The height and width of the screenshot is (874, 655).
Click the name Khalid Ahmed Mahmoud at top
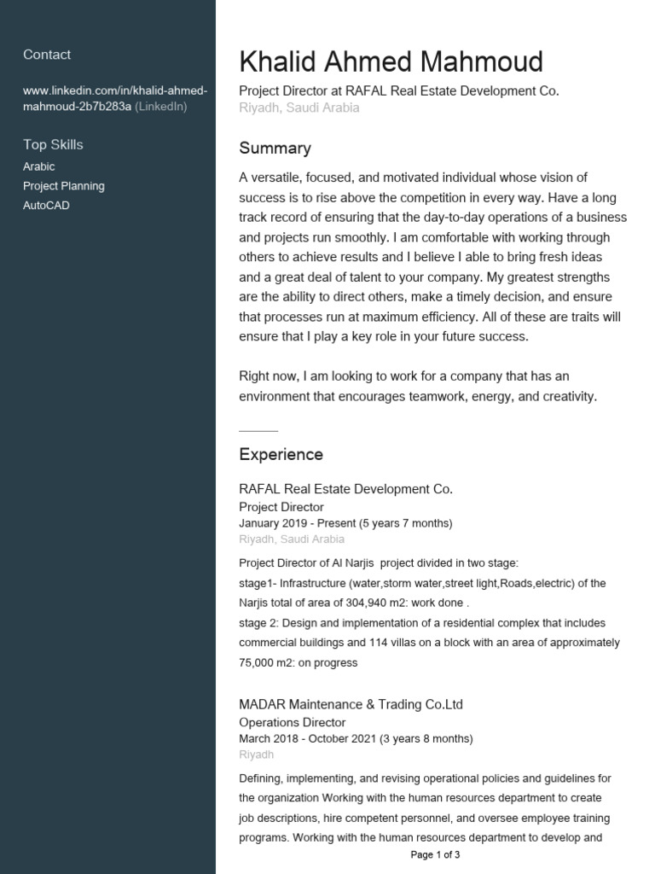[x=391, y=62]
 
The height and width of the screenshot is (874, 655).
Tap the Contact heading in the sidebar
[x=47, y=55]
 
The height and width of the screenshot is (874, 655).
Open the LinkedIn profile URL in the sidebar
[x=115, y=98]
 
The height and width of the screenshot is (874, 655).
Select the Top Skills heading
[x=53, y=144]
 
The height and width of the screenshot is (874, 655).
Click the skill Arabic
[x=38, y=166]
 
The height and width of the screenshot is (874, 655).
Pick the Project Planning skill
[x=64, y=186]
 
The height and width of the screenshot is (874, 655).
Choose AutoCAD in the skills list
[x=46, y=206]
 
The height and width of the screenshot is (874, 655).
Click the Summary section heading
[x=275, y=149]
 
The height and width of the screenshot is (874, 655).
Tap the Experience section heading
[x=281, y=455]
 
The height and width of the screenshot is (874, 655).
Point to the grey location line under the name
[x=299, y=108]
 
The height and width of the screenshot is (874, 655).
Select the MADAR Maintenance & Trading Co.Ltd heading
[x=351, y=705]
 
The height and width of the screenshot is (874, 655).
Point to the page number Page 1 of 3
[x=435, y=854]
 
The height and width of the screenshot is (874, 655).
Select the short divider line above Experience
[x=258, y=431]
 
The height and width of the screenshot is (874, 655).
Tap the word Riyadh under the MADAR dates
[x=257, y=755]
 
